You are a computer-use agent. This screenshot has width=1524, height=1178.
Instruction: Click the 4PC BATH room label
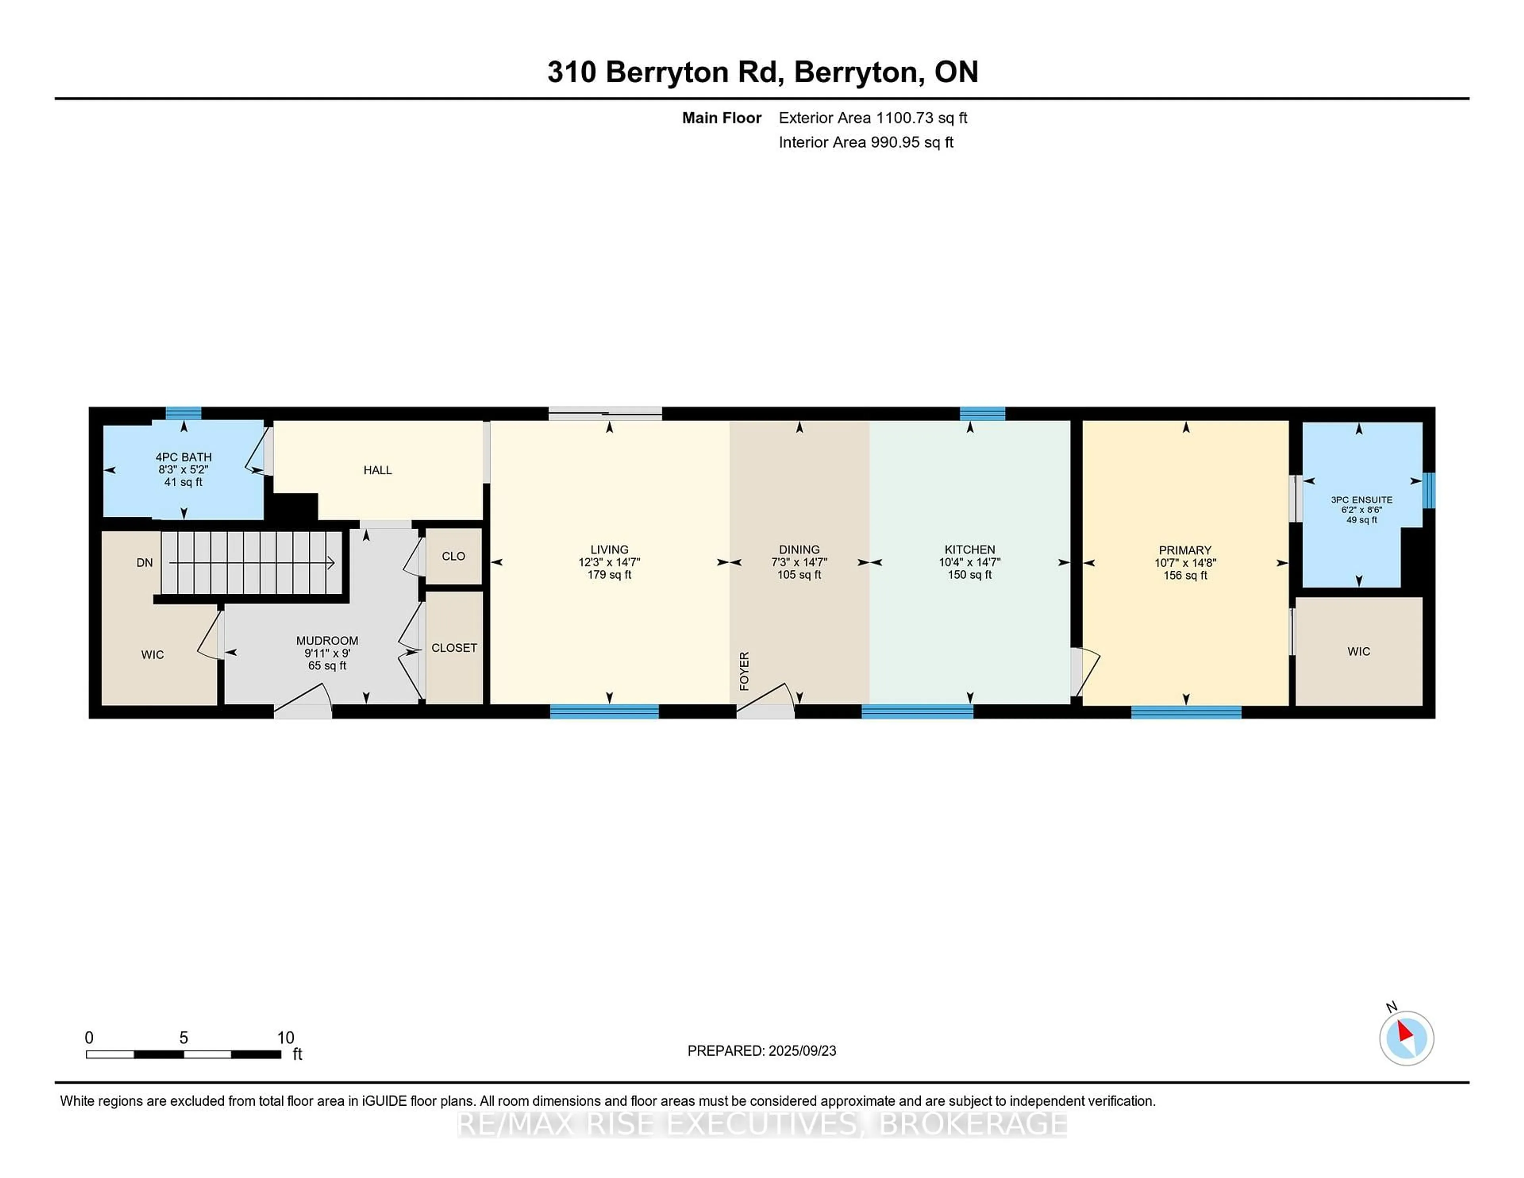tap(183, 457)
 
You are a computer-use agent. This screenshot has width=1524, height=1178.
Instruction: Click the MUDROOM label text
tap(327, 641)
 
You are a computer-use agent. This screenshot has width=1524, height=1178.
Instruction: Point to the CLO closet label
tap(454, 556)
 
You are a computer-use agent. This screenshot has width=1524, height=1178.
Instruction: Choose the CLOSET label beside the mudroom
tap(454, 648)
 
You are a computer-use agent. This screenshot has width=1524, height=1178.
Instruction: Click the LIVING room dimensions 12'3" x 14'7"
tap(609, 562)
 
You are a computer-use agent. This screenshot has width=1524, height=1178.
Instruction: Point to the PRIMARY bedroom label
tap(1185, 551)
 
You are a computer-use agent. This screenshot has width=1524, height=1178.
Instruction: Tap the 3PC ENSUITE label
tap(1361, 500)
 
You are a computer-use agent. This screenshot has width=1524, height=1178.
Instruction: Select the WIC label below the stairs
tap(153, 654)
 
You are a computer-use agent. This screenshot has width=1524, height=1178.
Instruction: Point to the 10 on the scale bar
tap(285, 1038)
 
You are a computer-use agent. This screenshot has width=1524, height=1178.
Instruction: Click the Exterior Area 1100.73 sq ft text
tap(873, 118)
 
